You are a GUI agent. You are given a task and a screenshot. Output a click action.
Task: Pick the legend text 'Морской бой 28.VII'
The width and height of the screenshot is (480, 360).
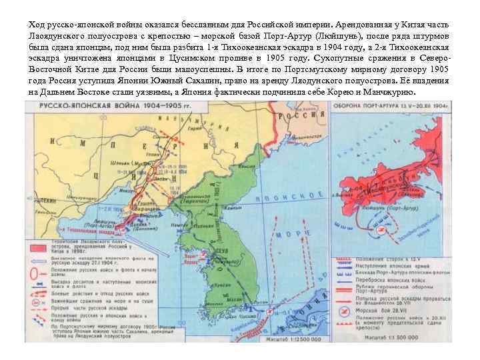tap(380, 310)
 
